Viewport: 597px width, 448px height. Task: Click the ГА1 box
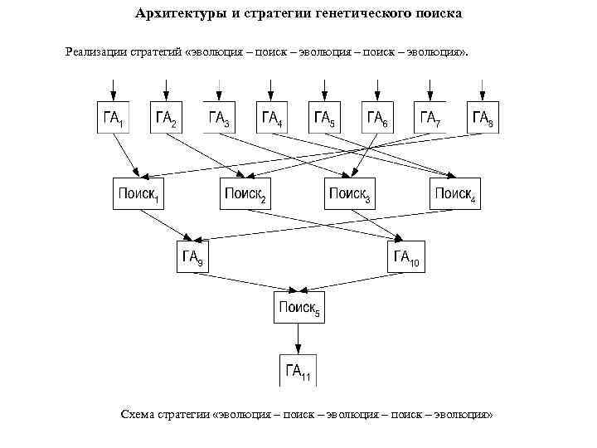(114, 118)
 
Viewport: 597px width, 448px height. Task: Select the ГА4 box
(272, 118)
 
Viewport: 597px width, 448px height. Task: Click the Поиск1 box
(138, 194)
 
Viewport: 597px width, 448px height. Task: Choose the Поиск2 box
(245, 194)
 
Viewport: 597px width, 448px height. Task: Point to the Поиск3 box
(350, 194)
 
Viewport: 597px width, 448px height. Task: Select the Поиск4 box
(455, 194)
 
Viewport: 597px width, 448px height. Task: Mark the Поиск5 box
(298, 309)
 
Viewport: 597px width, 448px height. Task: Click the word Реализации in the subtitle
(96, 52)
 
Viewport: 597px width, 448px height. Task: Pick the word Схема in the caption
(137, 414)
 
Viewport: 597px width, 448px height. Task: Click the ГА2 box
(167, 118)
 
